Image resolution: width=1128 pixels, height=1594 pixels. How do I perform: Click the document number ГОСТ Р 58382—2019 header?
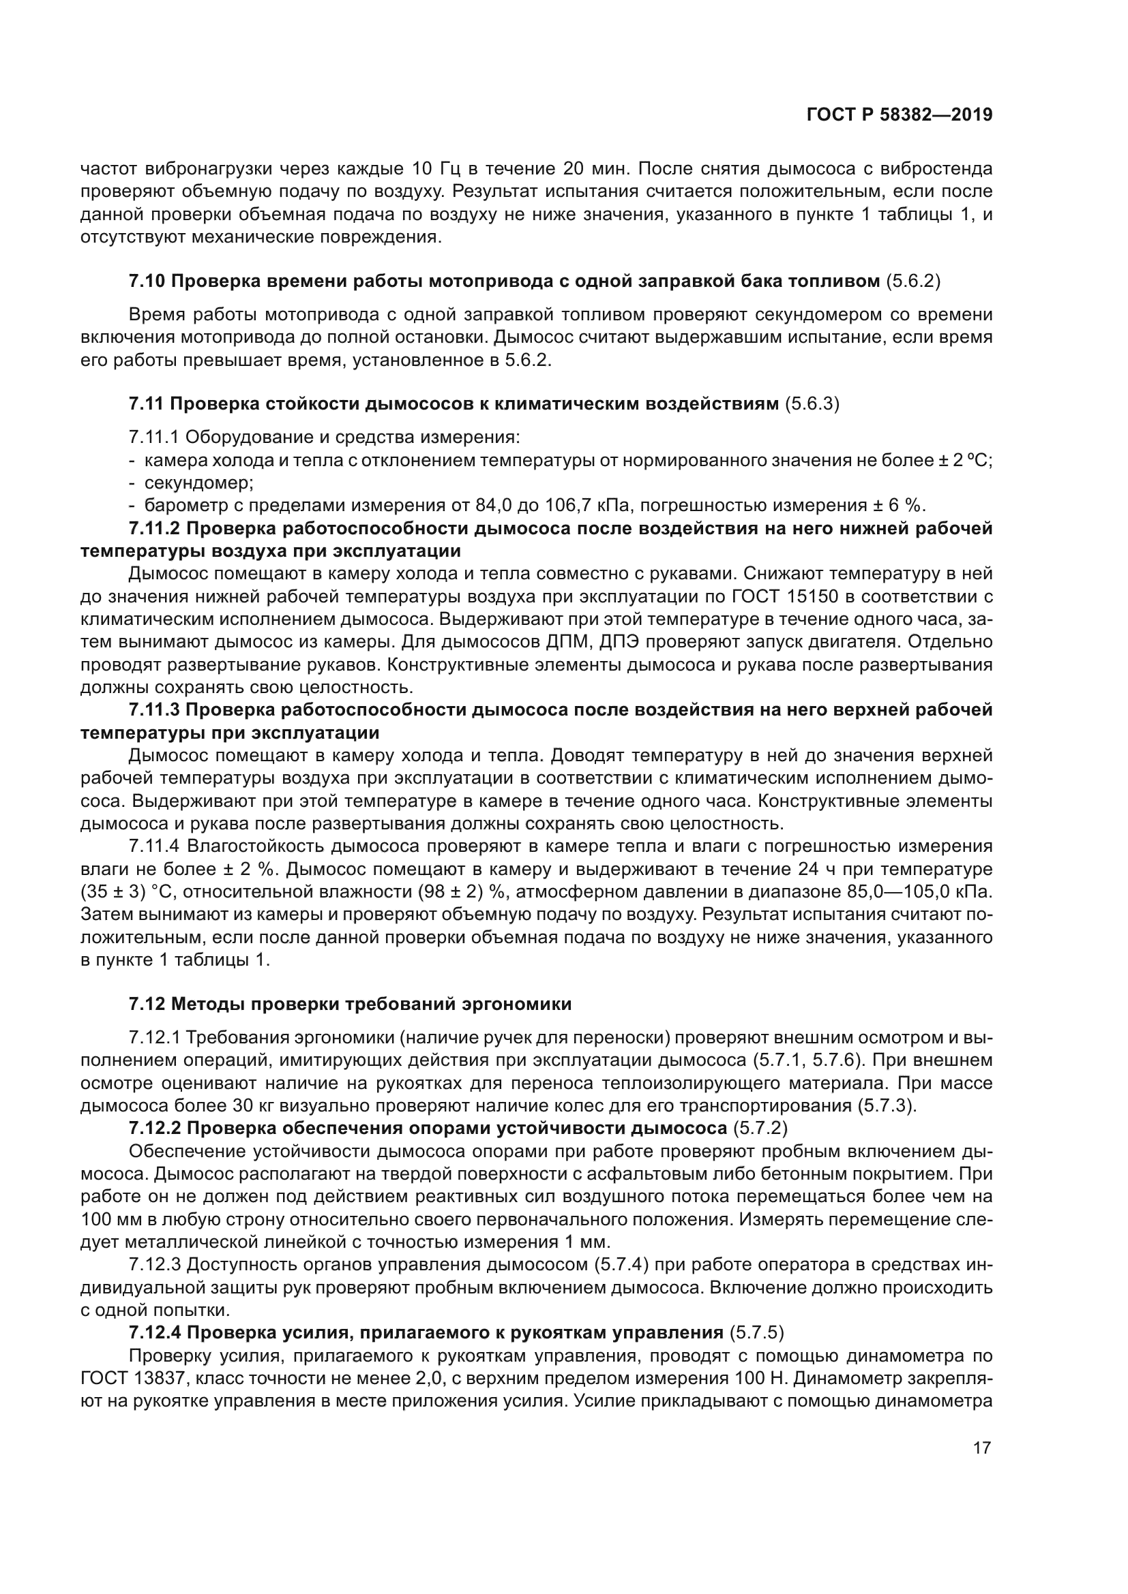899,115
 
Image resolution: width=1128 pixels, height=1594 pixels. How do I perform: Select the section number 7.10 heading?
147,281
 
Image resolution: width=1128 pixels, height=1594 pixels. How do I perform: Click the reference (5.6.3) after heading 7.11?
812,403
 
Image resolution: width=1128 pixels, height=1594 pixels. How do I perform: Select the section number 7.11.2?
154,528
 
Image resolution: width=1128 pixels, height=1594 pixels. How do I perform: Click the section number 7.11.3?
154,710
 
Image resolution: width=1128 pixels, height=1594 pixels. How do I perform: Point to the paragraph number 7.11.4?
154,846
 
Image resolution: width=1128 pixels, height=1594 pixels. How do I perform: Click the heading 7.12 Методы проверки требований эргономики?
350,1005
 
